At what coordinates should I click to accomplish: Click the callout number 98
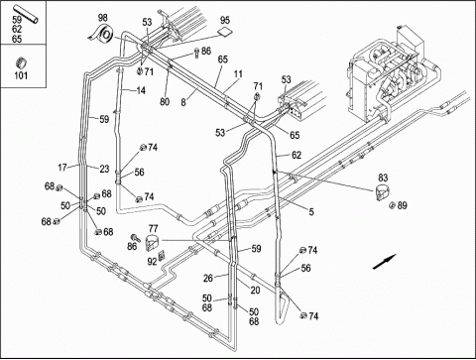[x=103, y=18]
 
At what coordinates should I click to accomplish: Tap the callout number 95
[x=225, y=20]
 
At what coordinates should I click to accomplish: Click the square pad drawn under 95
[x=225, y=32]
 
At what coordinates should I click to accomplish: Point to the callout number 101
[x=21, y=75]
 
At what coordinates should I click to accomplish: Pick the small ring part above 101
[x=21, y=62]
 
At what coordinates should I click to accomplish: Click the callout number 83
[x=383, y=178]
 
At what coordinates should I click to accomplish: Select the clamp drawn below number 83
[x=383, y=192]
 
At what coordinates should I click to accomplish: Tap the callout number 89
[x=402, y=205]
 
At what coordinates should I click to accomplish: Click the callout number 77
[x=153, y=228]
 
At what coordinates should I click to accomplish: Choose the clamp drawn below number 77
[x=153, y=242]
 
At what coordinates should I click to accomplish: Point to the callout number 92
[x=152, y=262]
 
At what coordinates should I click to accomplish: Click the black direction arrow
[x=385, y=262]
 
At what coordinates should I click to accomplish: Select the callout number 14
[x=141, y=90]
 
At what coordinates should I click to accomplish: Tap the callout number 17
[x=62, y=168]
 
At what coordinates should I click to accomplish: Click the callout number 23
[x=104, y=169]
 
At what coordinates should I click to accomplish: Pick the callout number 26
[x=208, y=279]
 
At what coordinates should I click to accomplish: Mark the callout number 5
[x=311, y=211]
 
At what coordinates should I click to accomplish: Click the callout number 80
[x=165, y=101]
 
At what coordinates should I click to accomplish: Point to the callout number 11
[x=238, y=74]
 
